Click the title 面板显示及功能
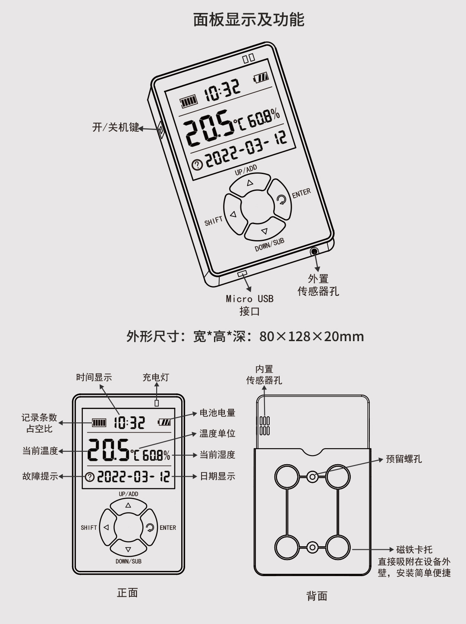(x=249, y=19)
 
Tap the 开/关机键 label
(x=116, y=127)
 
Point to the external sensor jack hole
(x=314, y=251)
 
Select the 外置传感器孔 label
(x=318, y=285)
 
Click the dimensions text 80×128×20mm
(x=312, y=336)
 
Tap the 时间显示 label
(x=94, y=377)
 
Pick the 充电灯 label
(x=156, y=377)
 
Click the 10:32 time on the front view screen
(x=129, y=422)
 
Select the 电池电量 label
(x=217, y=413)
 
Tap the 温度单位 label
(x=217, y=434)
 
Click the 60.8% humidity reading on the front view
(x=156, y=455)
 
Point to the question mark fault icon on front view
(x=90, y=477)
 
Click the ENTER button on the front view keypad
(x=149, y=527)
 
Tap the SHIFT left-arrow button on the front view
(x=106, y=527)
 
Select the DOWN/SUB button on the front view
(x=128, y=549)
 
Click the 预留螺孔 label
(x=404, y=459)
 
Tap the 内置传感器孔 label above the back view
(x=264, y=374)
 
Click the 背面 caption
(x=317, y=596)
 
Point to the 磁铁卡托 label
(x=414, y=550)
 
